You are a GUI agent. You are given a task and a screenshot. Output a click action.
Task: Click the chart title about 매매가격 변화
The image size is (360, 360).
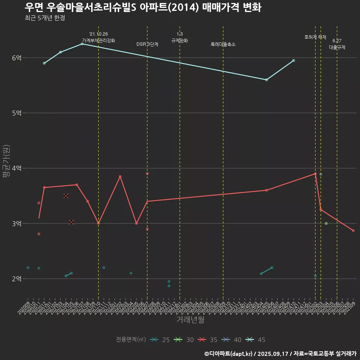143,7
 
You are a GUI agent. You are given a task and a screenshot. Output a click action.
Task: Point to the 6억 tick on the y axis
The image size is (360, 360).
16,58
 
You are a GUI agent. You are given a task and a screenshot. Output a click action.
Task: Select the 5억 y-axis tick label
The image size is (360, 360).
16,113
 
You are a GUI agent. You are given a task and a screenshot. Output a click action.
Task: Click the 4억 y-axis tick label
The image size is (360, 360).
16,168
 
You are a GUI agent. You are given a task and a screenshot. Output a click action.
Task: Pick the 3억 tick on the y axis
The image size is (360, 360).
16,223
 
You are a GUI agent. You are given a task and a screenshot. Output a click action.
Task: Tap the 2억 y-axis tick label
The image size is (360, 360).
16,279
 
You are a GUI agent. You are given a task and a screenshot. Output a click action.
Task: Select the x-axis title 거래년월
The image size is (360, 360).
190,320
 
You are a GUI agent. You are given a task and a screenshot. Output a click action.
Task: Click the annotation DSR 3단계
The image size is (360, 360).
147,44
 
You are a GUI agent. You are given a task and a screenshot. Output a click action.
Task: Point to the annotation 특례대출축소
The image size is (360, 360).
223,44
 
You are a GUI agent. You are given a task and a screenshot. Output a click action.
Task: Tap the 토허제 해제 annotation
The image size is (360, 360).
315,37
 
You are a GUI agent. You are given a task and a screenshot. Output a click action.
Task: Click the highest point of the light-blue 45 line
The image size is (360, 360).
82,44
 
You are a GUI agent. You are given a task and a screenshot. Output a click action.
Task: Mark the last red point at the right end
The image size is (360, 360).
353,231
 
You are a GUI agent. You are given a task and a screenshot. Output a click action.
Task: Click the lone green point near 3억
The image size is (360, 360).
326,223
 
